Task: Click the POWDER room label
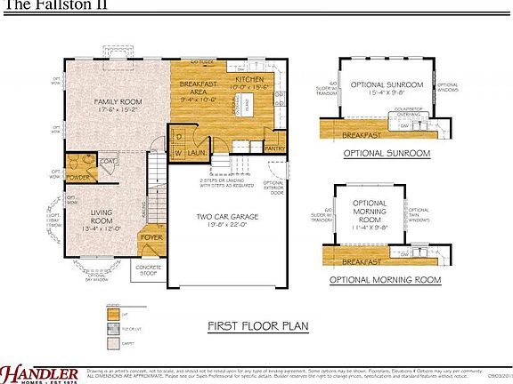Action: (x=77, y=176)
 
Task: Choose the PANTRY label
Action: (x=274, y=149)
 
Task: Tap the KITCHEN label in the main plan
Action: (x=250, y=79)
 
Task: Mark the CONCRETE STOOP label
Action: (x=148, y=268)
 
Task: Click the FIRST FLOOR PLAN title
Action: (x=258, y=324)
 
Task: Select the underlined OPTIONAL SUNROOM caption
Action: (x=387, y=153)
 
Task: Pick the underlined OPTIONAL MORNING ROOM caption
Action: (x=385, y=279)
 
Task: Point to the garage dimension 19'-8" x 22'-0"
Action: (x=229, y=226)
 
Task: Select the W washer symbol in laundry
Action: (x=176, y=153)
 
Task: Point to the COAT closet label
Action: (x=106, y=161)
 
